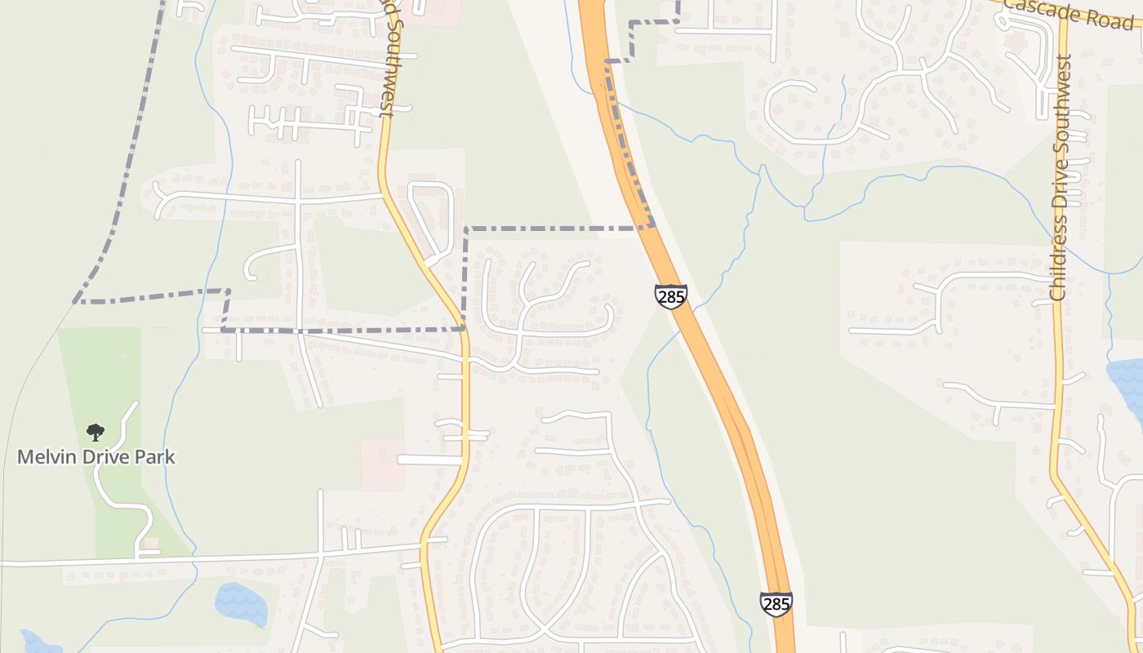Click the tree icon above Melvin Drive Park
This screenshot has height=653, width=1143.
[x=96, y=432]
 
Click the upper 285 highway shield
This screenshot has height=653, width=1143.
[x=670, y=296]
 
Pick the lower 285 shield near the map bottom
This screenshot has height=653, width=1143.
[x=775, y=604]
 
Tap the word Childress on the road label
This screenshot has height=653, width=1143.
[x=1060, y=261]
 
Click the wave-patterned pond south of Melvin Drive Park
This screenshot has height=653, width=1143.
[x=241, y=604]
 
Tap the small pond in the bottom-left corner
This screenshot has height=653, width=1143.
[x=37, y=642]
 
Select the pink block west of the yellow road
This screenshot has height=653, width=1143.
[x=382, y=465]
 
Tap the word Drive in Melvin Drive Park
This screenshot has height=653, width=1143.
[x=104, y=456]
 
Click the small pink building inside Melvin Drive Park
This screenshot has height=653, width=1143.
[x=149, y=544]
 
